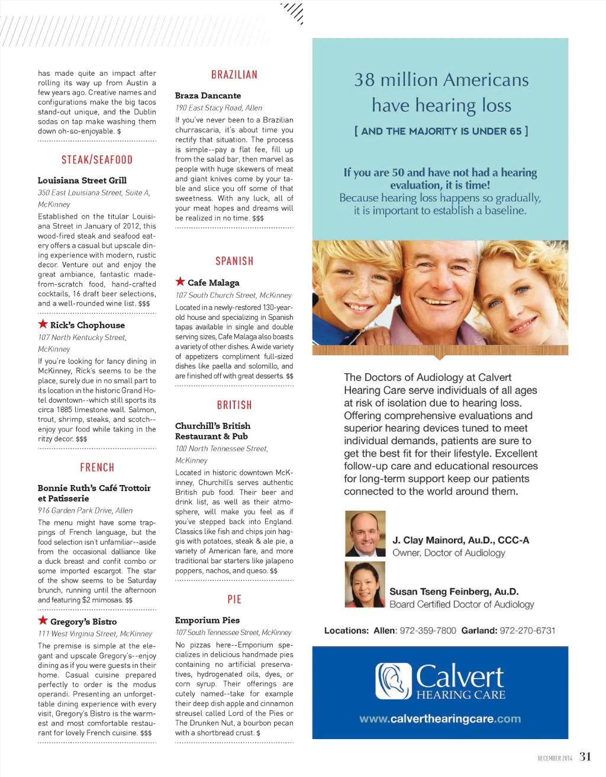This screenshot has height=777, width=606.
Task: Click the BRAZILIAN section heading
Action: click(234, 75)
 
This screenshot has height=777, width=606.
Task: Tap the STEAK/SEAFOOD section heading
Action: click(97, 160)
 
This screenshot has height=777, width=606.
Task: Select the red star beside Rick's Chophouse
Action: click(43, 324)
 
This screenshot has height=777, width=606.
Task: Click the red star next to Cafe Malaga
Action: click(180, 282)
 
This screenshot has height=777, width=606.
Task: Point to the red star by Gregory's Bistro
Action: click(43, 621)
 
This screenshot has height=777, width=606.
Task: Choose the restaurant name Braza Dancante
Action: click(208, 95)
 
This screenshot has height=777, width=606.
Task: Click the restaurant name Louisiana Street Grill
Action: click(82, 181)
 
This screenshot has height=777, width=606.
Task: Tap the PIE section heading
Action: click(234, 599)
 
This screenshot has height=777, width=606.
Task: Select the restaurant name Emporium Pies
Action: click(207, 620)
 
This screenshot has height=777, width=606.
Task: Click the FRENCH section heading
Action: click(97, 468)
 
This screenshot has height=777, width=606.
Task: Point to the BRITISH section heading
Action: click(234, 406)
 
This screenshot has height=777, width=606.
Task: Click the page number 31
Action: click(585, 756)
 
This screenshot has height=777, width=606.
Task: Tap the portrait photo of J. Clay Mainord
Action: click(365, 534)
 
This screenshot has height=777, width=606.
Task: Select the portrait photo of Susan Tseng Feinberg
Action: click(365, 585)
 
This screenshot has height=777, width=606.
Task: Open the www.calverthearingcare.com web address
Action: click(440, 719)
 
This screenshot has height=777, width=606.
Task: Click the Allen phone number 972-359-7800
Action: click(428, 631)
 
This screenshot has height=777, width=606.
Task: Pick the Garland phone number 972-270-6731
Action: click(527, 631)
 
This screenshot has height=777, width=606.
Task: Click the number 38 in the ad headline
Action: click(364, 80)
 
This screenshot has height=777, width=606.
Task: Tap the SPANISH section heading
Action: click(234, 261)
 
